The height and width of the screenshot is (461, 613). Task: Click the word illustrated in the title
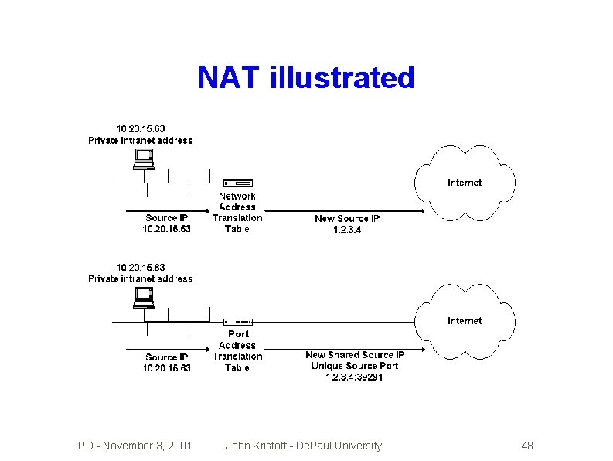(x=342, y=77)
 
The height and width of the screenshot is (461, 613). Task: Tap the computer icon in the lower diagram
(x=144, y=296)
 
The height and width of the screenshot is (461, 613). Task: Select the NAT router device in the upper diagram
(x=238, y=183)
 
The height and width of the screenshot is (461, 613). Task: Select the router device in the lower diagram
(x=238, y=321)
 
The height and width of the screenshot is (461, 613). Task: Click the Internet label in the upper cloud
(x=465, y=183)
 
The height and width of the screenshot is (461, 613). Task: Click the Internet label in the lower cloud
(x=465, y=320)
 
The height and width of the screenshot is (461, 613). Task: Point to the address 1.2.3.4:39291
(x=354, y=377)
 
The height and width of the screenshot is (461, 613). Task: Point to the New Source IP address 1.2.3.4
(x=347, y=230)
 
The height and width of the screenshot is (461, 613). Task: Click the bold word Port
(x=238, y=334)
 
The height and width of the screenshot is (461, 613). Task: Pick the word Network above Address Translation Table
(x=237, y=196)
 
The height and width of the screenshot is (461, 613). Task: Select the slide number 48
(x=527, y=446)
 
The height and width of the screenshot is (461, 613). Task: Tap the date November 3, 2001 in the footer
(x=146, y=446)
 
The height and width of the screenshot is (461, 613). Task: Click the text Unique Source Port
(x=355, y=366)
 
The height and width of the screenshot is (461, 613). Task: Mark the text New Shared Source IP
(x=355, y=355)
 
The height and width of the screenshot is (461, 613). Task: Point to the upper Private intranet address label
(x=140, y=140)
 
